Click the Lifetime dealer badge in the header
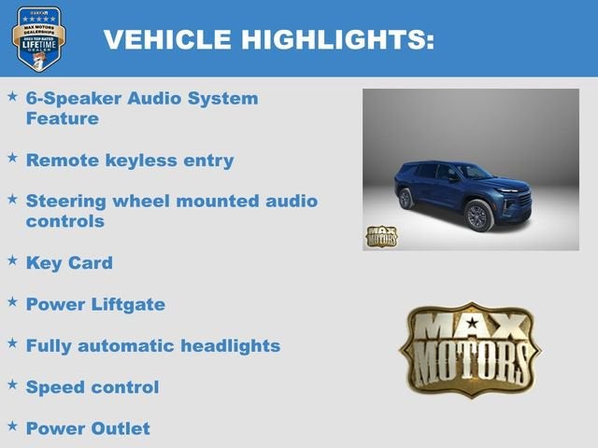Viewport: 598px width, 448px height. pyautogui.click(x=38, y=38)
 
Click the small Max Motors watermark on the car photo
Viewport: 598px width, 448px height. pyautogui.click(x=380, y=236)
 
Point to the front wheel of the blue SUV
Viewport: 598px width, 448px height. pyautogui.click(x=477, y=216)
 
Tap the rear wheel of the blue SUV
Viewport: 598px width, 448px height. pyautogui.click(x=406, y=198)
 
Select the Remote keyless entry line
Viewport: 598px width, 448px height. pyautogui.click(x=130, y=160)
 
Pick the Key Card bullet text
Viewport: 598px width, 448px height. pyautogui.click(x=69, y=262)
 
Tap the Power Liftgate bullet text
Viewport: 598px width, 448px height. pyautogui.click(x=95, y=303)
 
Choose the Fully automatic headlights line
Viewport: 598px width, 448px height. pyautogui.click(x=153, y=345)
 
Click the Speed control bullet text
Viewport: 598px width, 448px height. pyautogui.click(x=93, y=386)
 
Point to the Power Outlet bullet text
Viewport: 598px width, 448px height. pyautogui.click(x=88, y=428)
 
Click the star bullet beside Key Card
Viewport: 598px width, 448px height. pyautogui.click(x=12, y=260)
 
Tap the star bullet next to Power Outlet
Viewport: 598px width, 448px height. pyautogui.click(x=12, y=427)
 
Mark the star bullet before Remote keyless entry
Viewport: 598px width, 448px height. pyautogui.click(x=12, y=158)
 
